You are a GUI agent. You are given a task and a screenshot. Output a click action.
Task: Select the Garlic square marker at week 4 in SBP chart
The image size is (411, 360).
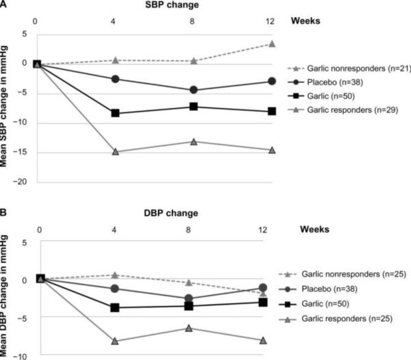[115, 113]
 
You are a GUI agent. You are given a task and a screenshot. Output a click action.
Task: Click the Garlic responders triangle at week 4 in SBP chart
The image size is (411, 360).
[115, 151]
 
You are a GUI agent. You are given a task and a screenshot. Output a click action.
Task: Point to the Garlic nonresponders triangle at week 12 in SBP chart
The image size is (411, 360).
[272, 44]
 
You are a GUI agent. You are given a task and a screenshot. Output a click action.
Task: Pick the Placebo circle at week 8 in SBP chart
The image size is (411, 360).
[194, 90]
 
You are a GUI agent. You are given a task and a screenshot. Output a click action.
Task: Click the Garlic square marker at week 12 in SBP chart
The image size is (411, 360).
[272, 111]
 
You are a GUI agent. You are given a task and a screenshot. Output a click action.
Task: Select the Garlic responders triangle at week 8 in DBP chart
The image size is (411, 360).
[194, 328]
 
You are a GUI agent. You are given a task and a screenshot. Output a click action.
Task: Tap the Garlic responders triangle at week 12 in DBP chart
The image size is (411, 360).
[272, 339]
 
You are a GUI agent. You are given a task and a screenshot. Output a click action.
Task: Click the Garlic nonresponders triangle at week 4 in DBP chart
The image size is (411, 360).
[115, 275]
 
